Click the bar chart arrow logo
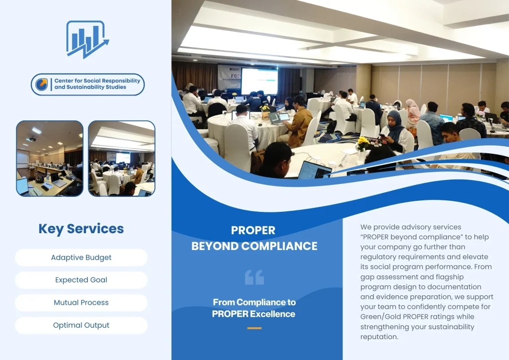87,39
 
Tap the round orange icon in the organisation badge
42,84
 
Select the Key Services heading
81,229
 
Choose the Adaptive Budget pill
81,258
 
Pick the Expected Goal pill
81,280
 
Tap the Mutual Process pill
81,302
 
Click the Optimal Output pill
81,325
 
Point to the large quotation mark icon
254,277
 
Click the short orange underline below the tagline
254,328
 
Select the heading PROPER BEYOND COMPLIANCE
254,238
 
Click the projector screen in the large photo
259,81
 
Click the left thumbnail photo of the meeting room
50,159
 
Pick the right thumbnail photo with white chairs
122,159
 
